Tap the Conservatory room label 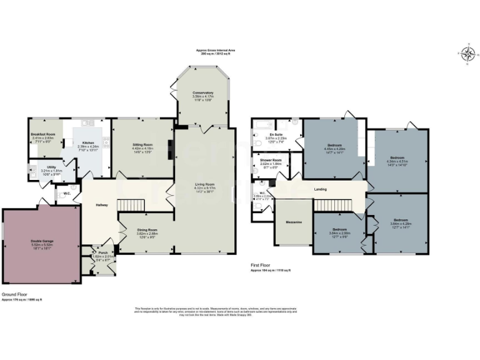click(x=203, y=93)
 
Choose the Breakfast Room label click(x=42, y=134)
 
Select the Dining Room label click(x=147, y=229)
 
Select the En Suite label click(x=276, y=134)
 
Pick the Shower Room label click(x=271, y=160)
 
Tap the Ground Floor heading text click(x=13, y=294)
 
